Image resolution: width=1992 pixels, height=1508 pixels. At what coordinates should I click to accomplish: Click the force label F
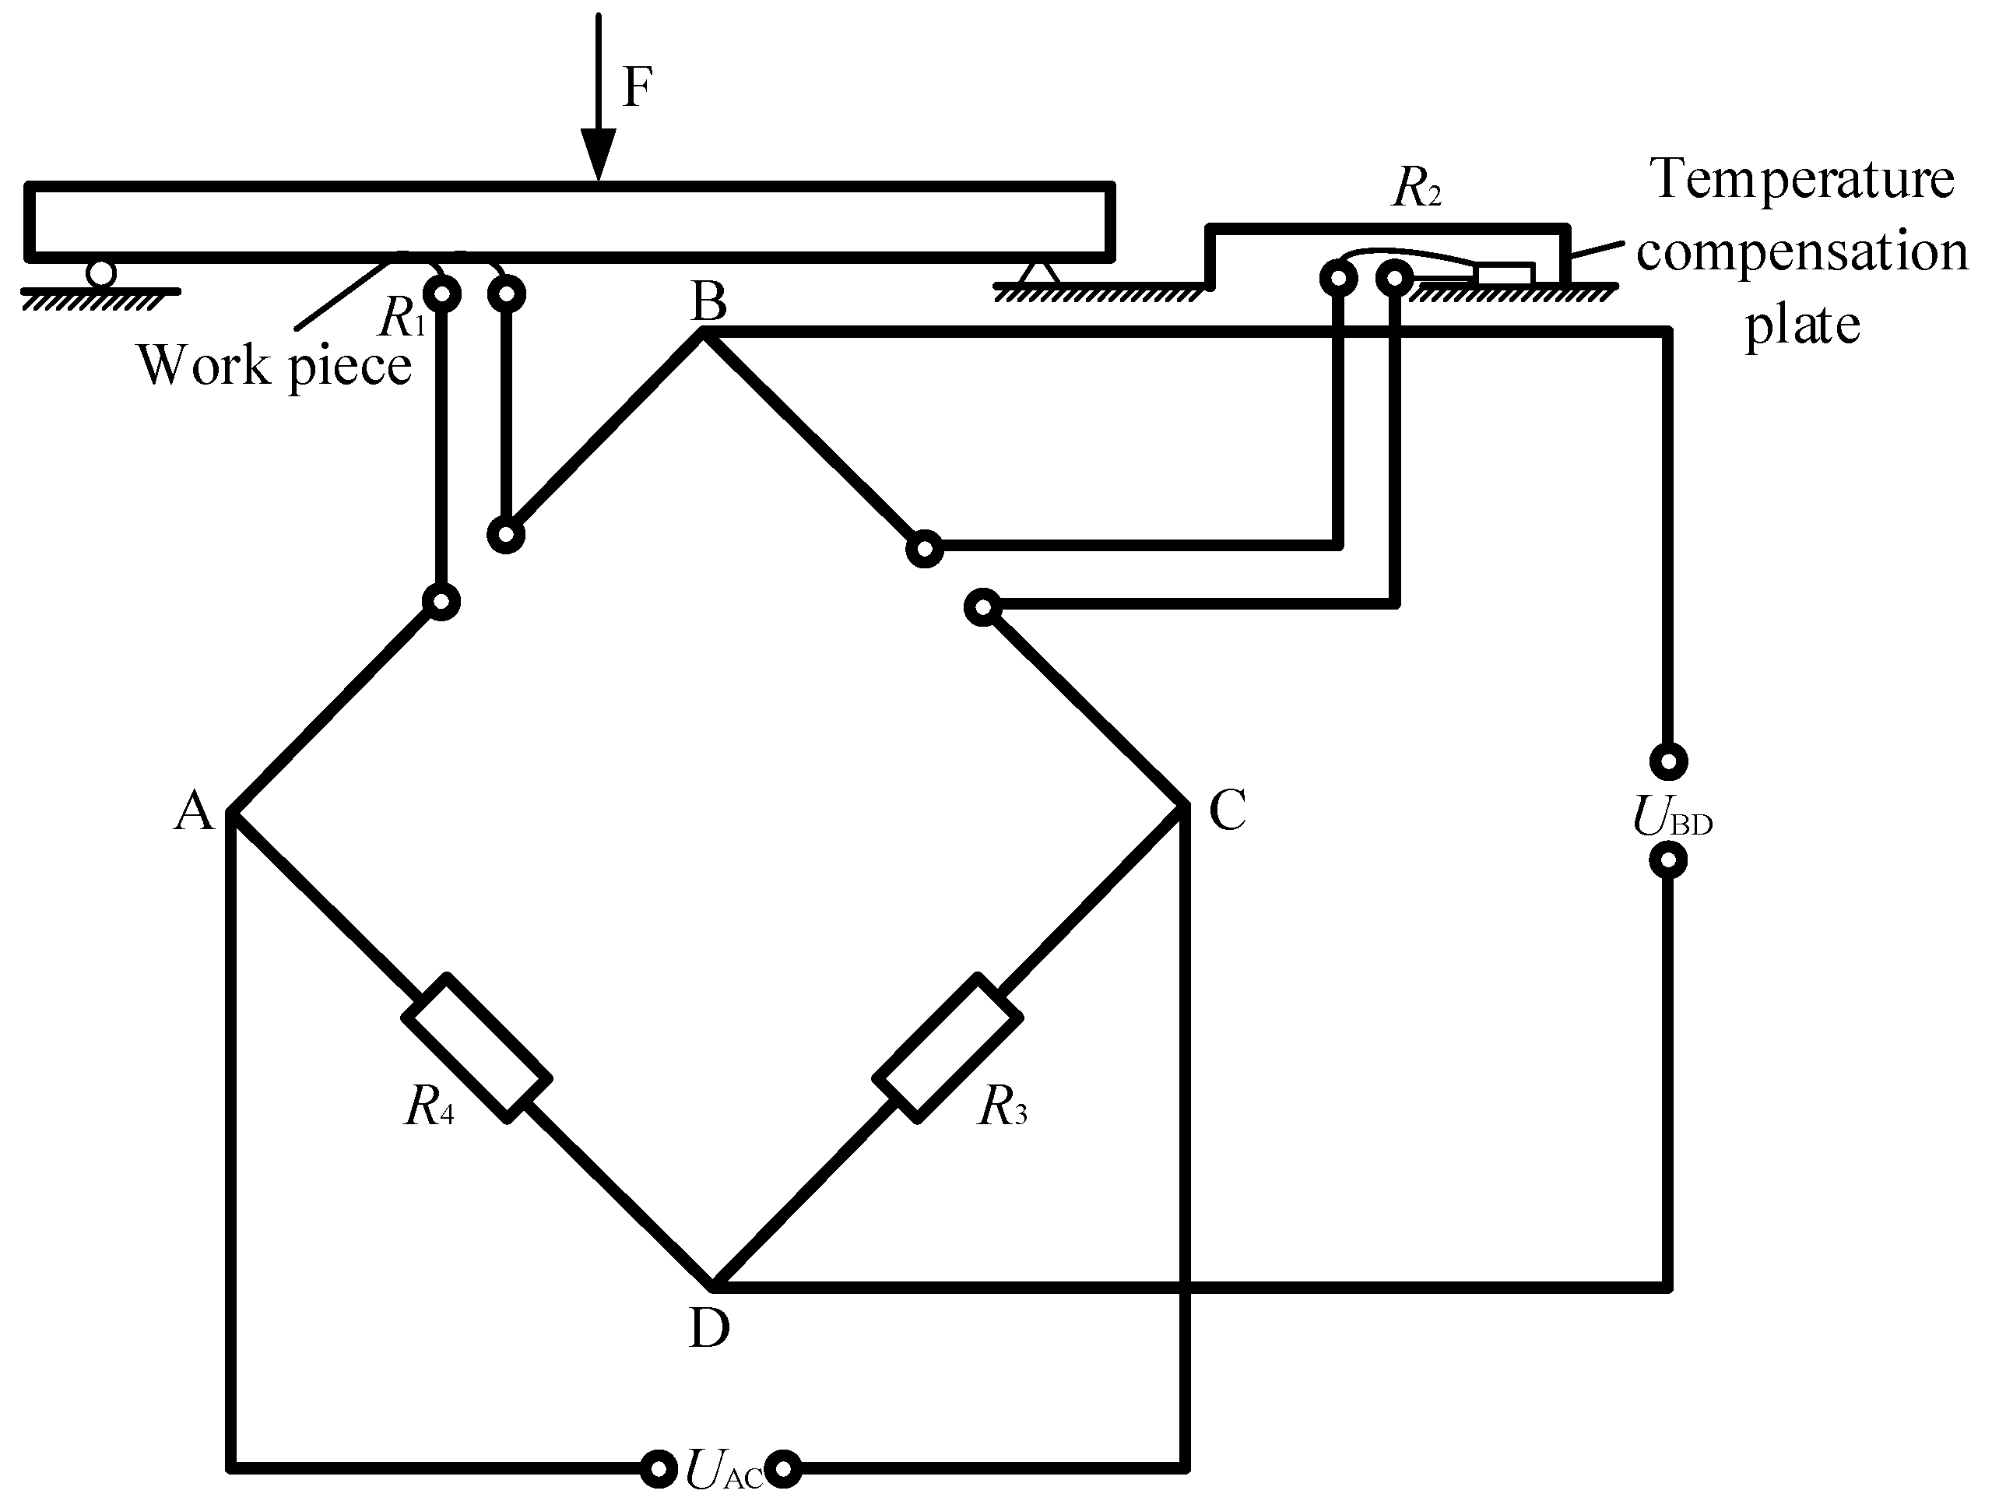pos(638,88)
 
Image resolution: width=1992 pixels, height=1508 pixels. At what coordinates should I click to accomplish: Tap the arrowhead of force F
pos(598,153)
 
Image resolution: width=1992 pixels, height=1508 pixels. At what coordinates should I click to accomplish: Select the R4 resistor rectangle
pos(476,1047)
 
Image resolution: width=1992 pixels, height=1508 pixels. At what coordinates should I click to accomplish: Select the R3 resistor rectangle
pos(947,1047)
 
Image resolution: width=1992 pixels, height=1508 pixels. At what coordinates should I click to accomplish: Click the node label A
pos(195,810)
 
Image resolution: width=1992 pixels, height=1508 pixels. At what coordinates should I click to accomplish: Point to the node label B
pos(708,303)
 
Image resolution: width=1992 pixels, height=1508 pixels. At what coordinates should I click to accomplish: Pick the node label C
pos(1227,809)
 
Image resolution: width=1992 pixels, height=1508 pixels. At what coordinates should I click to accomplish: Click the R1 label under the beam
pos(402,318)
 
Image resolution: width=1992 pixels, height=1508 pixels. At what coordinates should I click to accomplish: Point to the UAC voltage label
pos(723,1470)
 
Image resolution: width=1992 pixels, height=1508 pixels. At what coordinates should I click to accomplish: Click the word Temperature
pos(1801,180)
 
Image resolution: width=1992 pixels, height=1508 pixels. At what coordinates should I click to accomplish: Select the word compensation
pos(1801,252)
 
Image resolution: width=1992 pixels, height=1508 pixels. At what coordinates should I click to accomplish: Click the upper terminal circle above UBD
pos(1669,761)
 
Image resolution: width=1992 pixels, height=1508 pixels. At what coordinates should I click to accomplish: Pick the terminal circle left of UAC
pos(659,1469)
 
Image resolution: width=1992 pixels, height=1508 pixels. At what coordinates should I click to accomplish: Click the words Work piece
pos(275,367)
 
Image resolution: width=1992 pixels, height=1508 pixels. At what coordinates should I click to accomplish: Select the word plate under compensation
pos(1802,326)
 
